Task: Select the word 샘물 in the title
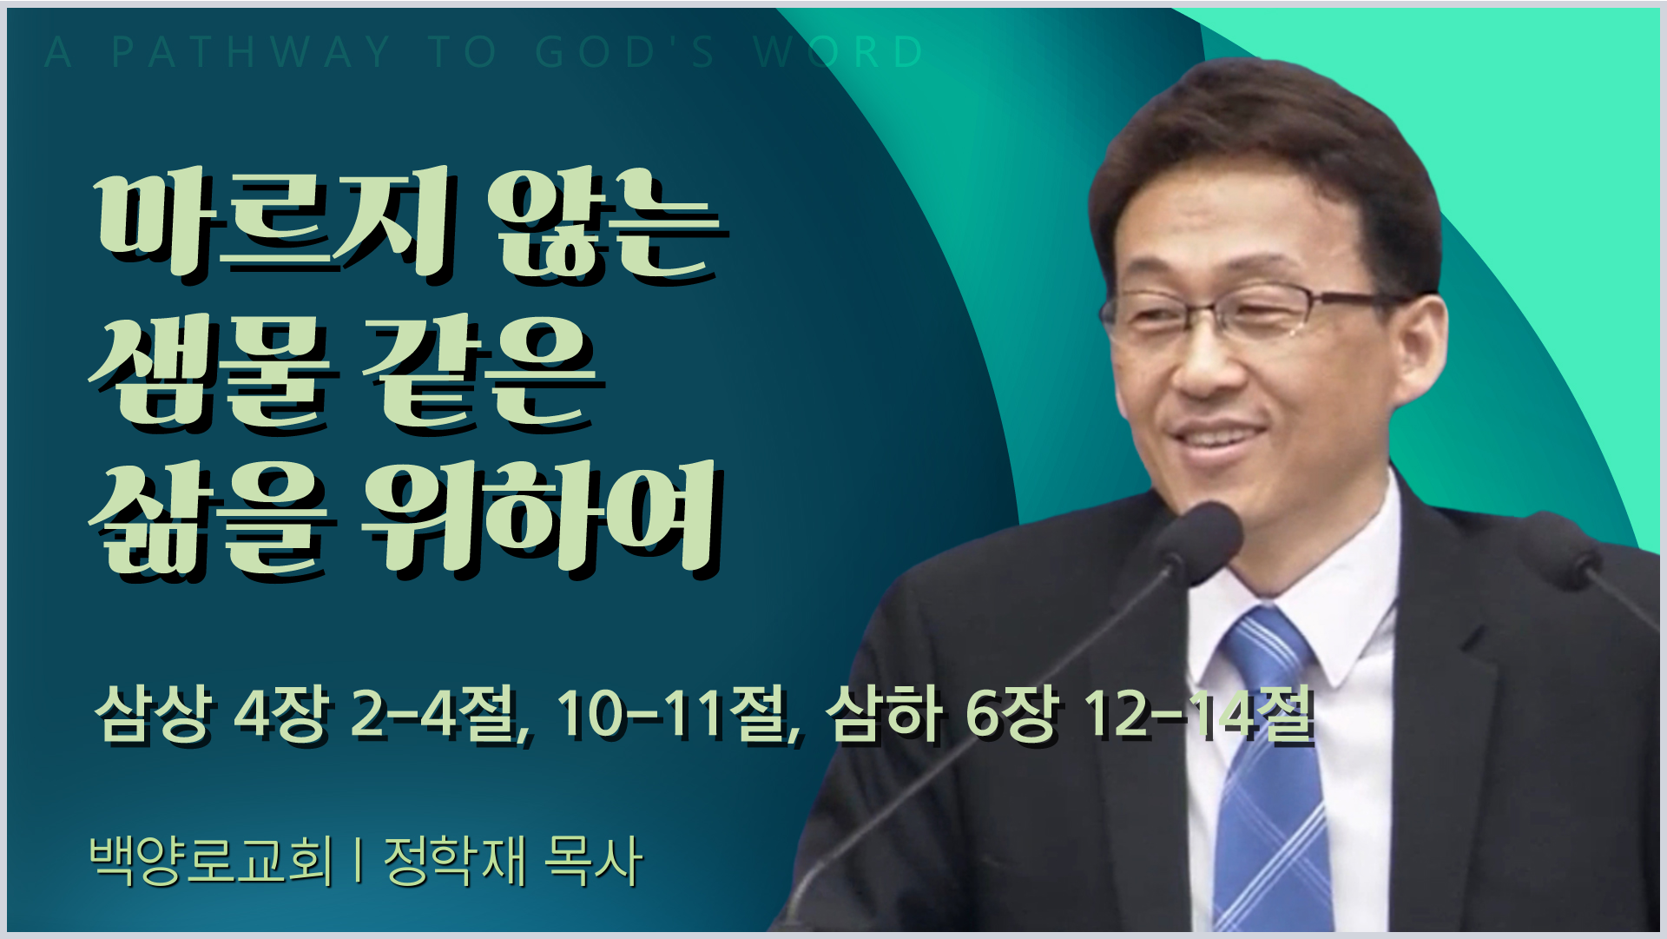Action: (209, 369)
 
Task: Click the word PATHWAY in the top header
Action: (252, 52)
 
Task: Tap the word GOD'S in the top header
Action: (625, 52)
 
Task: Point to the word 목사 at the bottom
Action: (593, 860)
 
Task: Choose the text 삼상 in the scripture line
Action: (153, 714)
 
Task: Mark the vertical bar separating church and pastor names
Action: (359, 861)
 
